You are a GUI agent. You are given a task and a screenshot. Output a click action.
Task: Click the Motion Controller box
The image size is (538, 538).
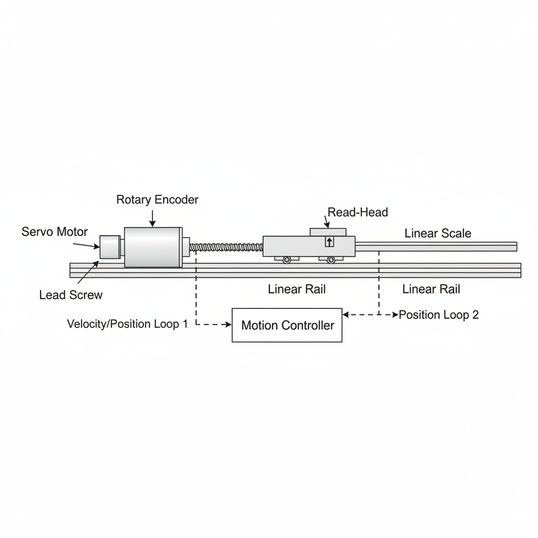(x=287, y=325)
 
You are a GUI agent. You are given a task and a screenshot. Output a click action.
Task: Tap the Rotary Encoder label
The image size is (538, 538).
(x=157, y=200)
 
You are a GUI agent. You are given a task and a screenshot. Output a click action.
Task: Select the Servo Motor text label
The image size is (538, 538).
(x=55, y=232)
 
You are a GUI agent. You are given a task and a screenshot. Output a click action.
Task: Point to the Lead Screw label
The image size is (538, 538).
(x=71, y=295)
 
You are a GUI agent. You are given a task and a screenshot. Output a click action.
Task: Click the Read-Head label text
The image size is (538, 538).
(x=358, y=212)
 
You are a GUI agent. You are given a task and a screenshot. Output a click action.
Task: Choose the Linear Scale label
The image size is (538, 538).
(x=438, y=233)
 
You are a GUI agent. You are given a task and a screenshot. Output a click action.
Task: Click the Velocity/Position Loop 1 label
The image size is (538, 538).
(x=127, y=324)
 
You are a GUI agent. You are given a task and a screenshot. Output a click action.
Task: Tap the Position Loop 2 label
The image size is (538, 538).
(x=439, y=315)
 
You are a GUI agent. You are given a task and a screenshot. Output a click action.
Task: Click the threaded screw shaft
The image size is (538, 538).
(x=225, y=246)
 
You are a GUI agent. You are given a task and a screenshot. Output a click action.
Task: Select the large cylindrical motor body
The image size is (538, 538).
(x=153, y=246)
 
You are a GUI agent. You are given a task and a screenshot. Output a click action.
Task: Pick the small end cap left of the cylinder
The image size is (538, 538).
(x=110, y=246)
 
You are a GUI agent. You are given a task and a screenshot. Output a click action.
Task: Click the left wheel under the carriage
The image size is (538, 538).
(x=286, y=259)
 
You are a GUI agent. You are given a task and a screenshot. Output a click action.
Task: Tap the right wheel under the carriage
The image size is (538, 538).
(x=330, y=259)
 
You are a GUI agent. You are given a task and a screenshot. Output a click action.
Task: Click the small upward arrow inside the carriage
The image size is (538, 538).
(x=329, y=242)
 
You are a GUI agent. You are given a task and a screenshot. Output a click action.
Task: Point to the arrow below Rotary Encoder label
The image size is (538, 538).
(x=152, y=218)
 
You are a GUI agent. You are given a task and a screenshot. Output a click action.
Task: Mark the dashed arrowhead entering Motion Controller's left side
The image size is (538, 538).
(x=228, y=325)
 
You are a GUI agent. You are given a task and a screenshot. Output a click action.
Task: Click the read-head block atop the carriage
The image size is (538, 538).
(x=328, y=232)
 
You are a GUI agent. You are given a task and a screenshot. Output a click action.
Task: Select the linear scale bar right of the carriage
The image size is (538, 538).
(x=436, y=246)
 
